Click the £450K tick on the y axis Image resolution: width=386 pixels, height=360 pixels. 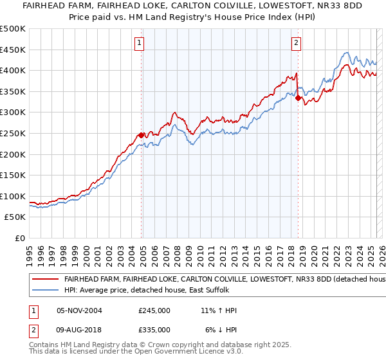tap(13, 50)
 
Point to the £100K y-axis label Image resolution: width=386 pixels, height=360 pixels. tap(13, 196)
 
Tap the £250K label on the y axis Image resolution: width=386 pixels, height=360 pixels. tap(13, 133)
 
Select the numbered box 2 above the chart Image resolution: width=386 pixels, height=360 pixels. tap(296, 44)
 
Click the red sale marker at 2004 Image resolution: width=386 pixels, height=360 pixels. tap(141, 135)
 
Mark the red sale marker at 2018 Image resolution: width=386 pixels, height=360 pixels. tap(298, 98)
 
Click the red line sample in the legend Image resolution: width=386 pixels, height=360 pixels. tap(45, 280)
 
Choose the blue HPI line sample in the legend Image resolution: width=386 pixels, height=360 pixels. tap(45, 291)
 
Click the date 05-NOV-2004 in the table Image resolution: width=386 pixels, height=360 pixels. tap(79, 310)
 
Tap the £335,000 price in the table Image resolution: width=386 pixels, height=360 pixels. tap(154, 330)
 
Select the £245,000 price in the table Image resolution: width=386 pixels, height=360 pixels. tap(154, 310)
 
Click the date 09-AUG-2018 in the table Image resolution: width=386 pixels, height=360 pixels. tap(79, 330)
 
